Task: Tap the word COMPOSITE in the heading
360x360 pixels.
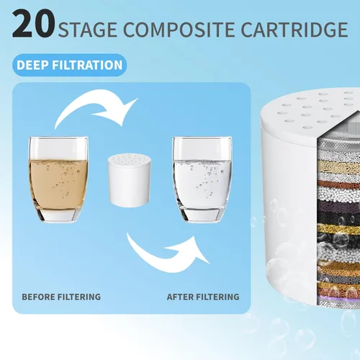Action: click(x=180, y=30)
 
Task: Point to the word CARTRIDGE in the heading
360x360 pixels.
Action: click(x=294, y=30)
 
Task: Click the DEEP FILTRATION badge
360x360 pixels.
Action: click(x=69, y=65)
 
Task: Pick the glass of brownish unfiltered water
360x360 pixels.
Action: click(x=58, y=179)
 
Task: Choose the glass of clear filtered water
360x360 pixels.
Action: click(x=202, y=179)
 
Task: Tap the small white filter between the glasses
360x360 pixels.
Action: click(x=130, y=181)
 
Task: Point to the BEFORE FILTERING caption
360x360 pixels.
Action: click(x=61, y=297)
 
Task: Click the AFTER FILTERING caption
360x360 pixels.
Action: click(x=203, y=297)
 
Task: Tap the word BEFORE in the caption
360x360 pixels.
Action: click(x=38, y=297)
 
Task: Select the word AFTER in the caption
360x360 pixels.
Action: click(x=180, y=297)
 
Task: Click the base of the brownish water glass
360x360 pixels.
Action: click(x=58, y=215)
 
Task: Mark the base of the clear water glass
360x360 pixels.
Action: click(x=202, y=215)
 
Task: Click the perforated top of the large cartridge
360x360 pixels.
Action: click(x=312, y=110)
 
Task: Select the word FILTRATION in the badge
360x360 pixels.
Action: click(x=86, y=65)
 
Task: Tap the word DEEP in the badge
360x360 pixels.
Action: click(x=32, y=65)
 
